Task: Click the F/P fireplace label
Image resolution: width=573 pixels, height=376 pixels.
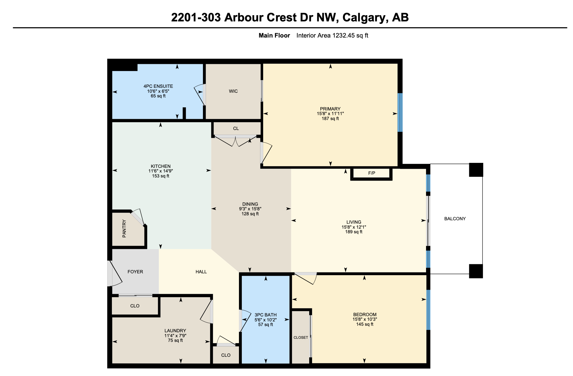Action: point(372,173)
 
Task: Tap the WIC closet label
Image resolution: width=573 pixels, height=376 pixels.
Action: point(233,91)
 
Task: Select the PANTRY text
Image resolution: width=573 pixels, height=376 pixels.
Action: point(124,229)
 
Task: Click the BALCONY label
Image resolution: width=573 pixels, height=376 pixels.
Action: point(455,219)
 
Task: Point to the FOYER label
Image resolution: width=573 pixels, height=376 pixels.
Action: point(135,272)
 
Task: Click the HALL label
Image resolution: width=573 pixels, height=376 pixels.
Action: point(201,272)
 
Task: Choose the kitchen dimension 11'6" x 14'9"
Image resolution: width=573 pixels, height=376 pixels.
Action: point(161,171)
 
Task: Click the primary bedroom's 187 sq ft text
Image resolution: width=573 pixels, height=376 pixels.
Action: point(330,119)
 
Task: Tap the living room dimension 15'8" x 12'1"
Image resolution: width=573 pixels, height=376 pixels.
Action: point(354,227)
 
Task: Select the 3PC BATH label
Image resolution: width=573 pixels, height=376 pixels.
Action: point(265,315)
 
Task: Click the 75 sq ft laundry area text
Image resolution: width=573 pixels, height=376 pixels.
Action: point(175,340)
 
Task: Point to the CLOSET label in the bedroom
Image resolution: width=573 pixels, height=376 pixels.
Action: point(301,338)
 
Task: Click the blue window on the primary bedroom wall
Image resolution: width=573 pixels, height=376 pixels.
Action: point(400,113)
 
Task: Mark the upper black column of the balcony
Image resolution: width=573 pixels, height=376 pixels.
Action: point(476,170)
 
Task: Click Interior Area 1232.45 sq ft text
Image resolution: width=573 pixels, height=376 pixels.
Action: point(332,36)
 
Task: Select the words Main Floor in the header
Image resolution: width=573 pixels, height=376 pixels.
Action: point(274,36)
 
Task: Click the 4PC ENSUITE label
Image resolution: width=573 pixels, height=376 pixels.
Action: point(158,86)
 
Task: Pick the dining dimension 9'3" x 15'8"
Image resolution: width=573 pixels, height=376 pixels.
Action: point(250,209)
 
